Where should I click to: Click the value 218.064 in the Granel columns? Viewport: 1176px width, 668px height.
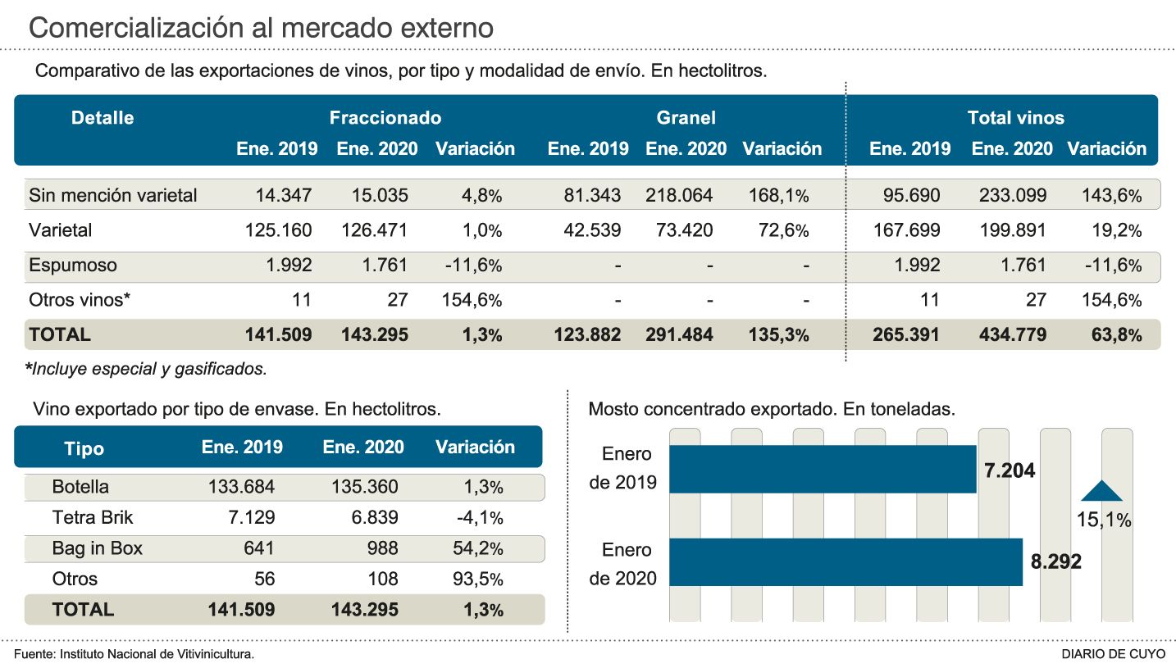(679, 196)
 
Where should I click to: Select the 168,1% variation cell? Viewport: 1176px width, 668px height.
(778, 196)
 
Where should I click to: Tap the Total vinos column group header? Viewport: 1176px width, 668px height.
(1015, 118)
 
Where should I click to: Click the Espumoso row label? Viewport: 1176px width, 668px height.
(73, 266)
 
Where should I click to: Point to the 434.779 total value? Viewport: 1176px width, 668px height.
(1012, 335)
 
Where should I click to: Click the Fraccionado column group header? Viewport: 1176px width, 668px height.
(385, 118)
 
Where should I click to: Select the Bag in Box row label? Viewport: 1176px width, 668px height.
(97, 548)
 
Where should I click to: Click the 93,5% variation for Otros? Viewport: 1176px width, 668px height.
(478, 579)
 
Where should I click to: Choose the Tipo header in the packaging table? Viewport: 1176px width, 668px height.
(84, 448)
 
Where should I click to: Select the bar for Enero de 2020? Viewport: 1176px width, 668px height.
(846, 562)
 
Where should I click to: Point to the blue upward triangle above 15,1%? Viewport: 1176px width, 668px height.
(1101, 490)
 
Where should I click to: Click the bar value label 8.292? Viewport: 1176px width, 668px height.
(1055, 562)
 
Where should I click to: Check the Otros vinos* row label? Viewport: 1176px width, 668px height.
(80, 300)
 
